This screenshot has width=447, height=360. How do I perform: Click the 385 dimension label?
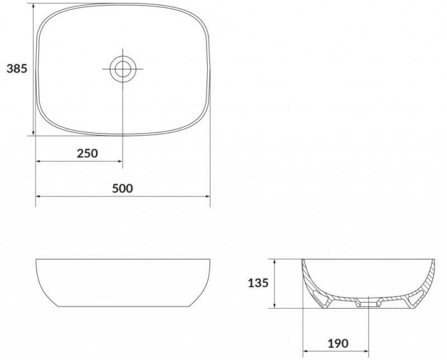tap(17, 69)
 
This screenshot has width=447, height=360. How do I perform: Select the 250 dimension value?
tap(87, 153)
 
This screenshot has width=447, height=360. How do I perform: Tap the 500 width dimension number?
tap(122, 188)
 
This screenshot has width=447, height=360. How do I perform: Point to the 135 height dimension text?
tap(258, 283)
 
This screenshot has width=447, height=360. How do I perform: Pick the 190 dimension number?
tap(338, 343)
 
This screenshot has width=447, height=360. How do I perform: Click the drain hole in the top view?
tap(123, 69)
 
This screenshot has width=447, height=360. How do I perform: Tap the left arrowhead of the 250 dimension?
tap(38, 161)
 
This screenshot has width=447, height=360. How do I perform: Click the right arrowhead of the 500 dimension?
tap(207, 196)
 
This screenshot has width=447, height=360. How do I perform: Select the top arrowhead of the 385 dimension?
tap(34, 6)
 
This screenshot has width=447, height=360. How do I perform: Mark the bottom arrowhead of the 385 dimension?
tap(34, 133)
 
